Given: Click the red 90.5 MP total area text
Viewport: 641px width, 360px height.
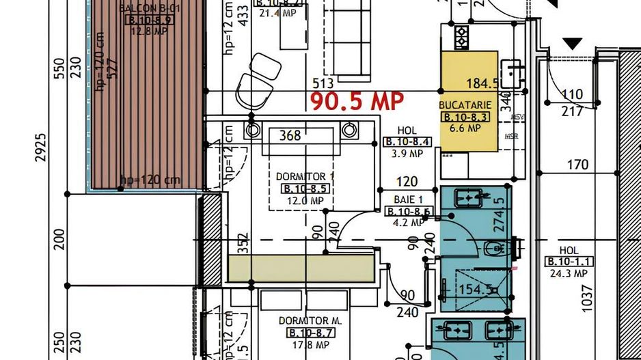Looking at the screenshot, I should click(357, 102).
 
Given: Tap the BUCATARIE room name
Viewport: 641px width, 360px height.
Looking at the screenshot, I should click(465, 105).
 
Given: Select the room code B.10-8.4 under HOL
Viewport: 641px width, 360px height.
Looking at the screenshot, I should click(407, 142).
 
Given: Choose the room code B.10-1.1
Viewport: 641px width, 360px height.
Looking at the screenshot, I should click(569, 262).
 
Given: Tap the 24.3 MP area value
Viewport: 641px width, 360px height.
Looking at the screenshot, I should click(569, 273).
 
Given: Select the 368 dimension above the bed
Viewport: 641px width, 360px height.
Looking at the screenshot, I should click(290, 135).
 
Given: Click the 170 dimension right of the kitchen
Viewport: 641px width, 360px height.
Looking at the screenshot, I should click(577, 165).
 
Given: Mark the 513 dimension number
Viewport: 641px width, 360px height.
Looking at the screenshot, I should click(322, 83).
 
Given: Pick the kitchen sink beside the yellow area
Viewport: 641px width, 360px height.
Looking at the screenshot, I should click(512, 69).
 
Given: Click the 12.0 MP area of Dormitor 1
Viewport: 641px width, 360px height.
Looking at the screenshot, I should click(305, 201).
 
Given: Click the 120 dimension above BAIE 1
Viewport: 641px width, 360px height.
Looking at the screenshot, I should click(407, 182).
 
